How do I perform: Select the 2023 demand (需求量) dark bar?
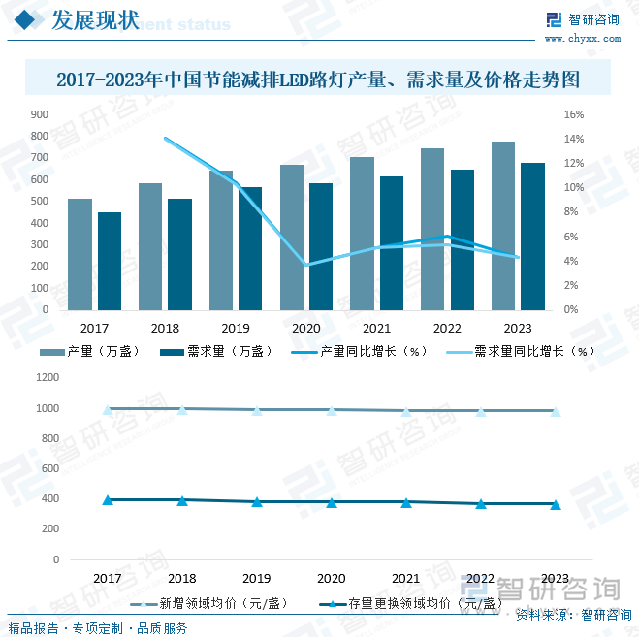coord(532,237)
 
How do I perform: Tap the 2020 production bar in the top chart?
coord(292,237)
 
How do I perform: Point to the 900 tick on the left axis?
coord(40,114)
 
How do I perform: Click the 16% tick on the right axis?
coord(573,114)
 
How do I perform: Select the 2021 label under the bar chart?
coord(376,329)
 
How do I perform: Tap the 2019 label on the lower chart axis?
coord(257,578)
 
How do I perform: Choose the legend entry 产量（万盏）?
coord(102,351)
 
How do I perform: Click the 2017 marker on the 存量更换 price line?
coord(108,500)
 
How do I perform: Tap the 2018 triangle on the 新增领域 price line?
coord(182,409)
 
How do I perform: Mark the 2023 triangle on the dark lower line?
coord(556,504)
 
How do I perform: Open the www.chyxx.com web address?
coord(582,39)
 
